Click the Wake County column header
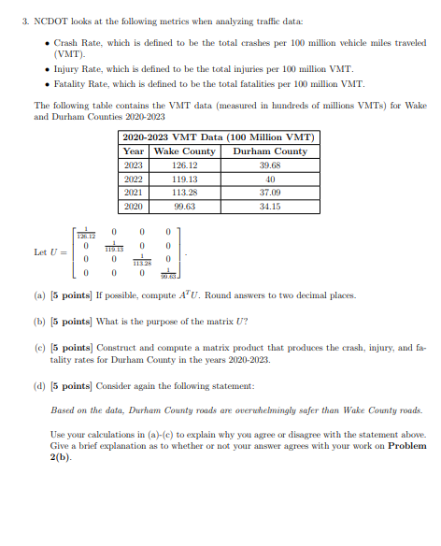tap(184, 151)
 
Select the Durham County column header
tap(270, 151)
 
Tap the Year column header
tap(134, 151)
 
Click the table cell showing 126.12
tap(184, 165)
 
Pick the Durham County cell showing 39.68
tap(270, 165)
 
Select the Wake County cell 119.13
tap(184, 179)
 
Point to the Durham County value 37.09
tap(270, 192)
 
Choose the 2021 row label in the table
tap(134, 192)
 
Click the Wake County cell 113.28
tap(184, 192)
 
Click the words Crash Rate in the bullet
tap(76, 43)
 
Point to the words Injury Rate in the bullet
tap(77, 70)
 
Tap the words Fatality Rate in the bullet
tap(79, 84)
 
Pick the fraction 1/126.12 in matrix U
tap(85, 233)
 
